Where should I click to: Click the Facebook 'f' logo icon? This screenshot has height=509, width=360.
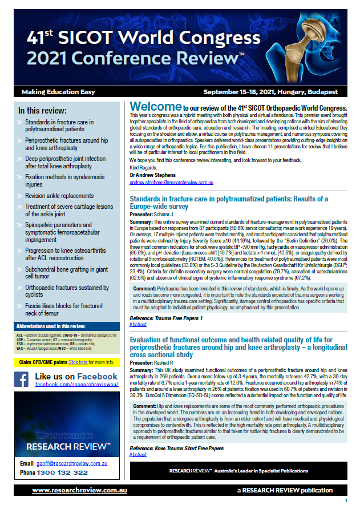(22, 380)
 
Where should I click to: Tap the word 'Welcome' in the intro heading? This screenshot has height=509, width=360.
(155, 107)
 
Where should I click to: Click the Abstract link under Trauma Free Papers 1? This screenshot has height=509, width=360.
(138, 325)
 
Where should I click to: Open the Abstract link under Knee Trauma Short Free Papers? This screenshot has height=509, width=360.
(138, 455)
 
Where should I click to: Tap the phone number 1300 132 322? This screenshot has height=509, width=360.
(62, 472)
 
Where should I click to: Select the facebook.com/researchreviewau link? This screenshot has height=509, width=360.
(76, 385)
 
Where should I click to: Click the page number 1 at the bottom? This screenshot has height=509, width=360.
(346, 501)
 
